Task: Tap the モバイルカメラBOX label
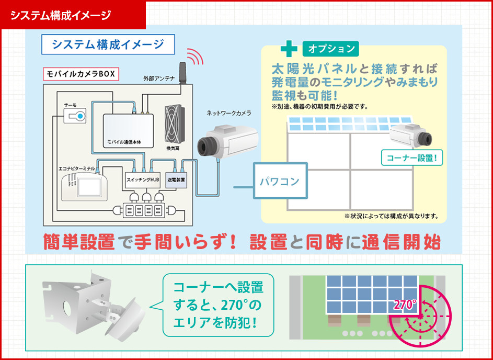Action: point(81,73)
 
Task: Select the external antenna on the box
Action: point(181,74)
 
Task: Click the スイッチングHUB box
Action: point(142,179)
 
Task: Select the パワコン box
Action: point(280,181)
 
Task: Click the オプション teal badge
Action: point(330,49)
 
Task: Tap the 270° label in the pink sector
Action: point(404,306)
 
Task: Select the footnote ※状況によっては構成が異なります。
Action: point(391,216)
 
